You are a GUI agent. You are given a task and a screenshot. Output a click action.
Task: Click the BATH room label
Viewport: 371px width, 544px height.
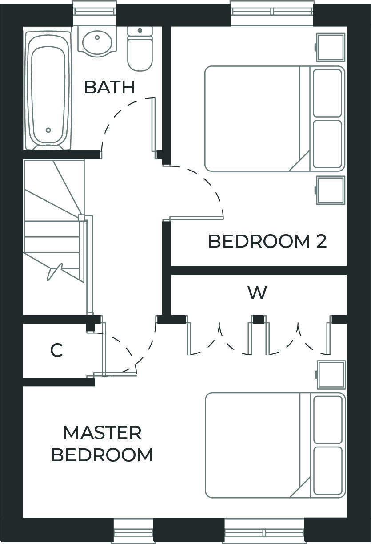pyautogui.click(x=109, y=87)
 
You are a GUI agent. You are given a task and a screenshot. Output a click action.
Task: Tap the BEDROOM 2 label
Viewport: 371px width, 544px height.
pyautogui.click(x=267, y=241)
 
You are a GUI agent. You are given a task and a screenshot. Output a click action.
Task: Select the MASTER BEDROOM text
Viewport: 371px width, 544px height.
pyautogui.click(x=102, y=444)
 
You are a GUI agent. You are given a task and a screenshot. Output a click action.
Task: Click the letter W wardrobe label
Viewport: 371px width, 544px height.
pyautogui.click(x=257, y=293)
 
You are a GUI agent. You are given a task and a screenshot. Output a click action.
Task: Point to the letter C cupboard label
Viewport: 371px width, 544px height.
pyautogui.click(x=56, y=351)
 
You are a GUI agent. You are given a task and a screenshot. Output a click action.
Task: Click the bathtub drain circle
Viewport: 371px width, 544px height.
pyautogui.click(x=48, y=130)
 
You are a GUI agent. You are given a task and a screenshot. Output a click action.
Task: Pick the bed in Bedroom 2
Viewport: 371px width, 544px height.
pyautogui.click(x=258, y=118)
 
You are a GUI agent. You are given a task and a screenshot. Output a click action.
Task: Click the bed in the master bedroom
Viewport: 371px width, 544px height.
pyautogui.click(x=258, y=445)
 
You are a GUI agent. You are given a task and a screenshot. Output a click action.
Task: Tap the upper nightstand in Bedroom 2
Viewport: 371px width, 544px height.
pyautogui.click(x=331, y=47)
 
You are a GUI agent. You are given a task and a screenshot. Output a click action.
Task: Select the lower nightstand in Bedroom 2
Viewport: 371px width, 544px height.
pyautogui.click(x=331, y=190)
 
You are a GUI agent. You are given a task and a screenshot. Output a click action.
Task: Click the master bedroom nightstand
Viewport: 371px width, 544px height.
pyautogui.click(x=331, y=374)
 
